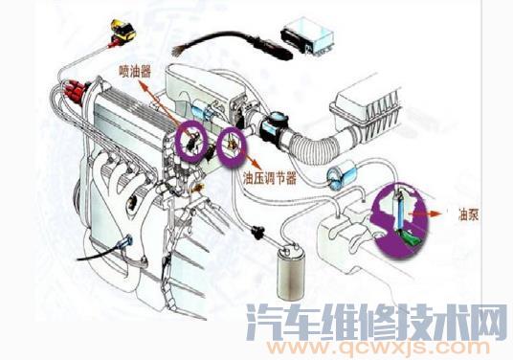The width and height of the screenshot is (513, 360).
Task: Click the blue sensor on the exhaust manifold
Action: (127, 243)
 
